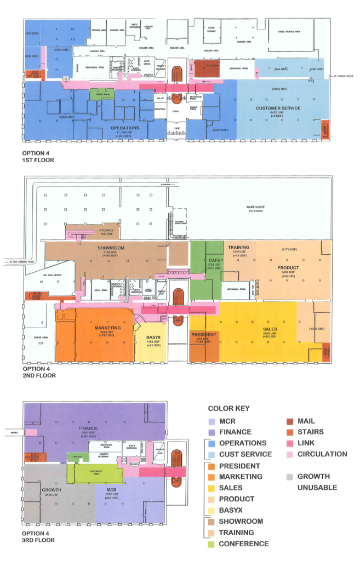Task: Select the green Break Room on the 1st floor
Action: [101, 94]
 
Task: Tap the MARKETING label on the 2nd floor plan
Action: [107, 328]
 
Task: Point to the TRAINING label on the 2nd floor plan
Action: [239, 247]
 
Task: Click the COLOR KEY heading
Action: [228, 408]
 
